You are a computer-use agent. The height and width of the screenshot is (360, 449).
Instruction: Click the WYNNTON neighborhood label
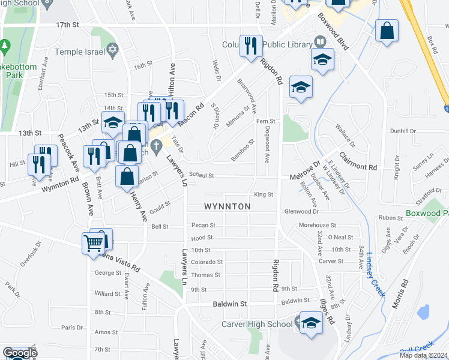pyautogui.click(x=227, y=206)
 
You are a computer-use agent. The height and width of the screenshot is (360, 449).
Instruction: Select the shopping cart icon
pyautogui.click(x=93, y=243)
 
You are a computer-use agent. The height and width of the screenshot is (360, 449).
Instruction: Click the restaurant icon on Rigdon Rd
pyautogui.click(x=250, y=46)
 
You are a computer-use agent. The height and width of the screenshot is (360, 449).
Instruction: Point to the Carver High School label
pyautogui.click(x=256, y=325)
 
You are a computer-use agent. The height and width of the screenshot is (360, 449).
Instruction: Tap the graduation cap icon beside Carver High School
pyautogui.click(x=311, y=323)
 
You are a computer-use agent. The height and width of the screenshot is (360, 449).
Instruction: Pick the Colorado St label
pyautogui.click(x=206, y=262)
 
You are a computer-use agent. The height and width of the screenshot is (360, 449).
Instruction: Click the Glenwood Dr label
pyautogui.click(x=301, y=211)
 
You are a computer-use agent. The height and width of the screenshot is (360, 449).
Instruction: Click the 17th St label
pyautogui.click(x=68, y=25)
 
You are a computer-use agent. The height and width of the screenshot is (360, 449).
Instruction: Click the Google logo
pyautogui.click(x=19, y=353)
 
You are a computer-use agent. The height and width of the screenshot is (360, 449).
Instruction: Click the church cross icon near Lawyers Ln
pyautogui.click(x=156, y=145)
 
